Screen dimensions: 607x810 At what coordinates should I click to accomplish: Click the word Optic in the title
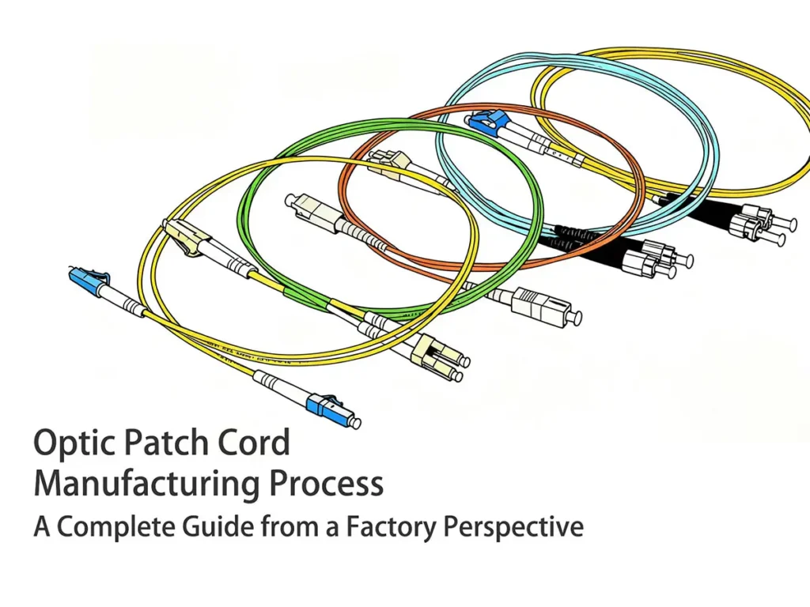pyautogui.click(x=70, y=444)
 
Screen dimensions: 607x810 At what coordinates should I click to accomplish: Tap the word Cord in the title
pyautogui.click(x=257, y=444)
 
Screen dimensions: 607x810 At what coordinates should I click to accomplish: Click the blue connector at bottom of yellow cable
pyautogui.click(x=324, y=405)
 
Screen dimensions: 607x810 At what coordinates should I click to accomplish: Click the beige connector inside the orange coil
pyautogui.click(x=387, y=163)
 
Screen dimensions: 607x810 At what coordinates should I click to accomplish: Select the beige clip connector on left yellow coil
pyautogui.click(x=184, y=236)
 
